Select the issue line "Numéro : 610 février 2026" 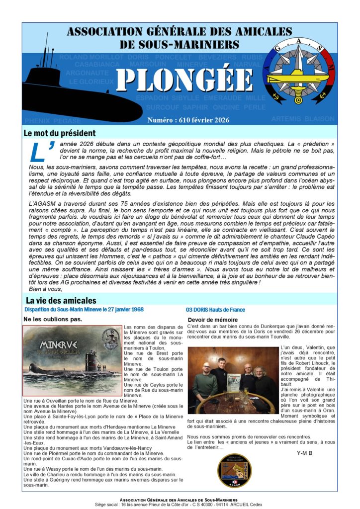[x=188, y=120]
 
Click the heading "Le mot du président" [x=59, y=133]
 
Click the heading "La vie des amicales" [x=61, y=300]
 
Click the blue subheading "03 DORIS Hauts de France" [x=215, y=309]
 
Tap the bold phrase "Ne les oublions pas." [x=52, y=319]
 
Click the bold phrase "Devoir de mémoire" [x=212, y=320]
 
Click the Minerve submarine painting [x=72, y=360]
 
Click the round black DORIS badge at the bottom [x=234, y=470]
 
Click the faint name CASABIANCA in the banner [x=97, y=65]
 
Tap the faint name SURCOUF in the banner [x=163, y=107]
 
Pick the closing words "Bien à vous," [x=44, y=289]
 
